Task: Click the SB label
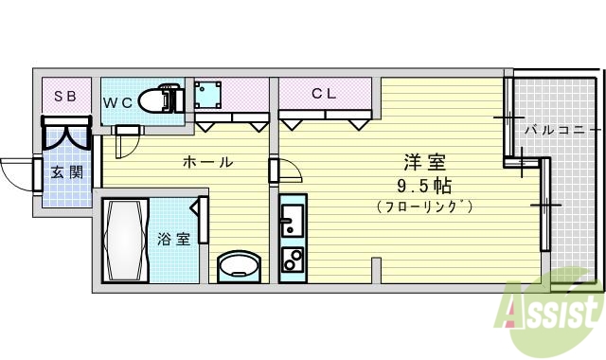pos(64,96)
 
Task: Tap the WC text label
pos(118,101)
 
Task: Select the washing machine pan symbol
pos(207,96)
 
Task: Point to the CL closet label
pos(324,94)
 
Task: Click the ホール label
pos(206,162)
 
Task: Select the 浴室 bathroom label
pos(172,239)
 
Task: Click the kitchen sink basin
pos(292,221)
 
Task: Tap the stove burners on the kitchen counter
pos(292,259)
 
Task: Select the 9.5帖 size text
pos(423,185)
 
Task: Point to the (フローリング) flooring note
pos(423,206)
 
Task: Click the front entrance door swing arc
pos(16,172)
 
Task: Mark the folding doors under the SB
pos(65,134)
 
